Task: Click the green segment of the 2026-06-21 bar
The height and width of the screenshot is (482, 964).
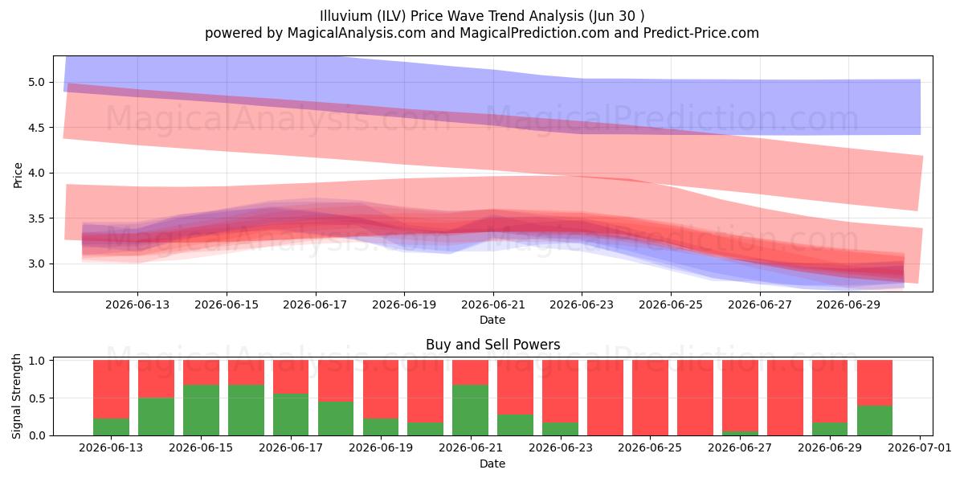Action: tap(471, 410)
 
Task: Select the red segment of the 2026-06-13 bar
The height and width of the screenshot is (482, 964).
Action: tap(111, 389)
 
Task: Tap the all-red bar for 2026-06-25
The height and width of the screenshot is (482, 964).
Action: tap(650, 398)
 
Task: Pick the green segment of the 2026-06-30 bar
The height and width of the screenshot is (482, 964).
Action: tap(875, 420)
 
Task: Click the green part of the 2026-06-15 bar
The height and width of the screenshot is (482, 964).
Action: tap(201, 410)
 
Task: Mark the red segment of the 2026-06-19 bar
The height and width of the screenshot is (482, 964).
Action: tap(381, 389)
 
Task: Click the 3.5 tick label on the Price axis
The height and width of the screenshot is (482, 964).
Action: tap(37, 219)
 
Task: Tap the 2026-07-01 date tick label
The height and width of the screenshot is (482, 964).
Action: tap(920, 448)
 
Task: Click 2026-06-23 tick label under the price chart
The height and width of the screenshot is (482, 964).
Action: tap(582, 304)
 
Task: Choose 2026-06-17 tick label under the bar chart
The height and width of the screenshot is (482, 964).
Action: tap(291, 448)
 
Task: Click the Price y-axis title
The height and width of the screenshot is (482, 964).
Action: tap(18, 175)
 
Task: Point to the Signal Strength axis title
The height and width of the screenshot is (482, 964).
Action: tap(16, 396)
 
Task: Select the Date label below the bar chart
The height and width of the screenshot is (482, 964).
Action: tap(492, 464)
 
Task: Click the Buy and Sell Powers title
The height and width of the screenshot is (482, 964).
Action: tap(492, 345)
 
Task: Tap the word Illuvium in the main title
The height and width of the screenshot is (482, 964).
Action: tap(346, 16)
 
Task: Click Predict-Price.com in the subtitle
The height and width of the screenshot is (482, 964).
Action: tap(701, 33)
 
